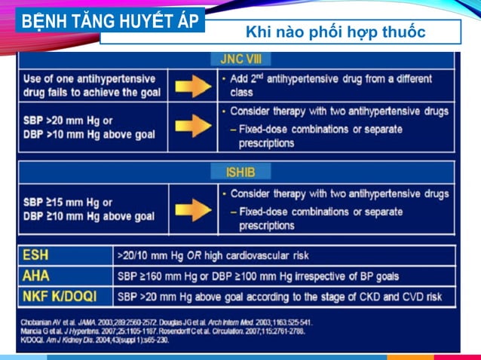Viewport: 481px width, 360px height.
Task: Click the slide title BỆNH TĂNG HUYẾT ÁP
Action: pos(109,20)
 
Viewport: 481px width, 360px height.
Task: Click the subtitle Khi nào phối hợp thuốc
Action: pos(335,32)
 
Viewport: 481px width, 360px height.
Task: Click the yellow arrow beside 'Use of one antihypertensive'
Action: pos(193,85)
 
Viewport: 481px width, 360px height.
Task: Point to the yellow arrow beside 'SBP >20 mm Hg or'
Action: pos(193,126)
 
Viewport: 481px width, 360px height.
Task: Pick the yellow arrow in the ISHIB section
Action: pos(193,209)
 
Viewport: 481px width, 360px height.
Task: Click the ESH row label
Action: pos(36,255)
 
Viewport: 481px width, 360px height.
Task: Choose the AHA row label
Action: pos(36,276)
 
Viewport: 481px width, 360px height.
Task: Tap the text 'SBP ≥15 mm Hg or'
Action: pos(68,203)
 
